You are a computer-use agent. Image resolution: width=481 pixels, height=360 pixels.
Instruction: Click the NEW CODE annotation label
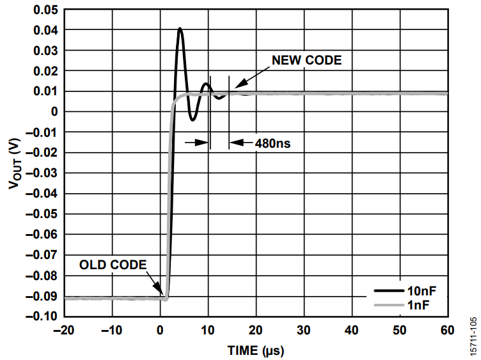coord(307,61)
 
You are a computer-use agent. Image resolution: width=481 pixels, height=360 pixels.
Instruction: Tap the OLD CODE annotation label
coord(113,264)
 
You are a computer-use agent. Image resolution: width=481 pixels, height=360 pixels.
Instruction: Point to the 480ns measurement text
coord(273,143)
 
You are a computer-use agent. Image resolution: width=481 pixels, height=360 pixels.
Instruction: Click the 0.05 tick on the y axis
coord(45,10)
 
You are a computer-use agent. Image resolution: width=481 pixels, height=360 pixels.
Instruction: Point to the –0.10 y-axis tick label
coord(42,317)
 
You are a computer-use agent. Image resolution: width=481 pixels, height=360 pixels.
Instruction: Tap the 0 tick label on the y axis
coord(54,112)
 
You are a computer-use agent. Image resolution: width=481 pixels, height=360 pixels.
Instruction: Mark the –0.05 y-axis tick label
coord(42,214)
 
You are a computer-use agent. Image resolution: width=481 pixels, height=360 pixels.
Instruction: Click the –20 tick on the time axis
coord(63,330)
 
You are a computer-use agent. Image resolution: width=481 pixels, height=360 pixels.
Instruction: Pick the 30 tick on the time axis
coord(303,330)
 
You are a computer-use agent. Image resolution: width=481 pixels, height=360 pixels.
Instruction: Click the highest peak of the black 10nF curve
coord(180,29)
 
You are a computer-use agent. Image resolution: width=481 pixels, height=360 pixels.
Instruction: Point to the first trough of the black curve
coord(193,120)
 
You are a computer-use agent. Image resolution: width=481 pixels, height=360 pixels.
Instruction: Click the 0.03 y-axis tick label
coord(45,51)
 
